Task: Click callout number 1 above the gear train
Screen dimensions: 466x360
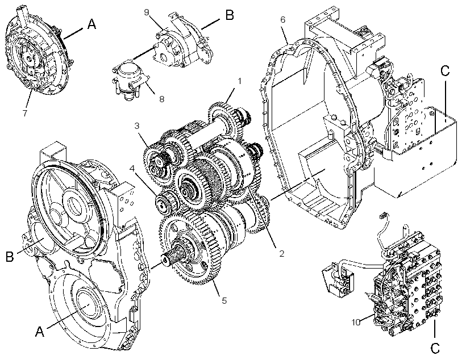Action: [x=240, y=81]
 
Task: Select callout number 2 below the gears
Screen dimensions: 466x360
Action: [x=281, y=253]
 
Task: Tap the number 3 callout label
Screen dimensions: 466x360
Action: [x=137, y=126]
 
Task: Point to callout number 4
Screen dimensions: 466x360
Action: [x=132, y=169]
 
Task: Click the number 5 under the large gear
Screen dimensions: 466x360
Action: [x=224, y=300]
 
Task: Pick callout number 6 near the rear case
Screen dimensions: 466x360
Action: [x=282, y=20]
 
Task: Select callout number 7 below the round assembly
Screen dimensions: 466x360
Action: [x=25, y=113]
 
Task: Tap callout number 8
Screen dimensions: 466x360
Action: [x=161, y=99]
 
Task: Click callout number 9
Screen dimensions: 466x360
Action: [x=147, y=12]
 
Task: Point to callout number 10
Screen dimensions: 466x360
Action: [x=356, y=323]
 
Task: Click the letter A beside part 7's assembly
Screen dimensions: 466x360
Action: [x=92, y=24]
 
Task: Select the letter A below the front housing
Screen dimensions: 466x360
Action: [x=40, y=331]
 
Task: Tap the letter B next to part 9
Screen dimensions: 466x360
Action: [x=230, y=15]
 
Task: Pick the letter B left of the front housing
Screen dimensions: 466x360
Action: [x=10, y=256]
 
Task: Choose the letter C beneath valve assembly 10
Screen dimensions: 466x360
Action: [x=435, y=348]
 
